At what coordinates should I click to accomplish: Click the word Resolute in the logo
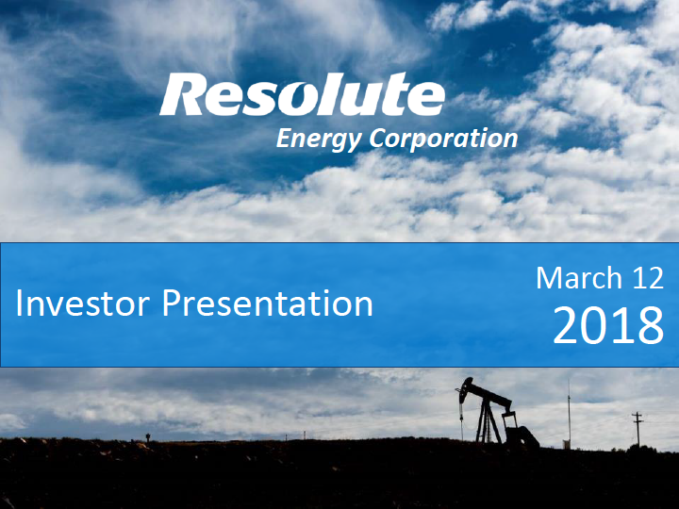point(303,94)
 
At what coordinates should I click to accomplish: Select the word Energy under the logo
point(319,140)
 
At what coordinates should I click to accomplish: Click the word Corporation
point(443,139)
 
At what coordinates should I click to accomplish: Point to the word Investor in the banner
point(83,303)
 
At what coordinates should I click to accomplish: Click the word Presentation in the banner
point(267,303)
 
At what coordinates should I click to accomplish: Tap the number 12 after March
point(647,278)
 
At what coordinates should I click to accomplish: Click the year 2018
point(608,325)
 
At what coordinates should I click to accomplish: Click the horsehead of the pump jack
point(466,388)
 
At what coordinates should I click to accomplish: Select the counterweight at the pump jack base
point(523,436)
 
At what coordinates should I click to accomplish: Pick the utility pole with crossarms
point(638,429)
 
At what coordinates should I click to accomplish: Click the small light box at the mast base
point(566,445)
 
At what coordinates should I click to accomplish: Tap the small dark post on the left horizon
point(148,437)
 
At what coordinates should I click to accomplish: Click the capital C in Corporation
point(378,138)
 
